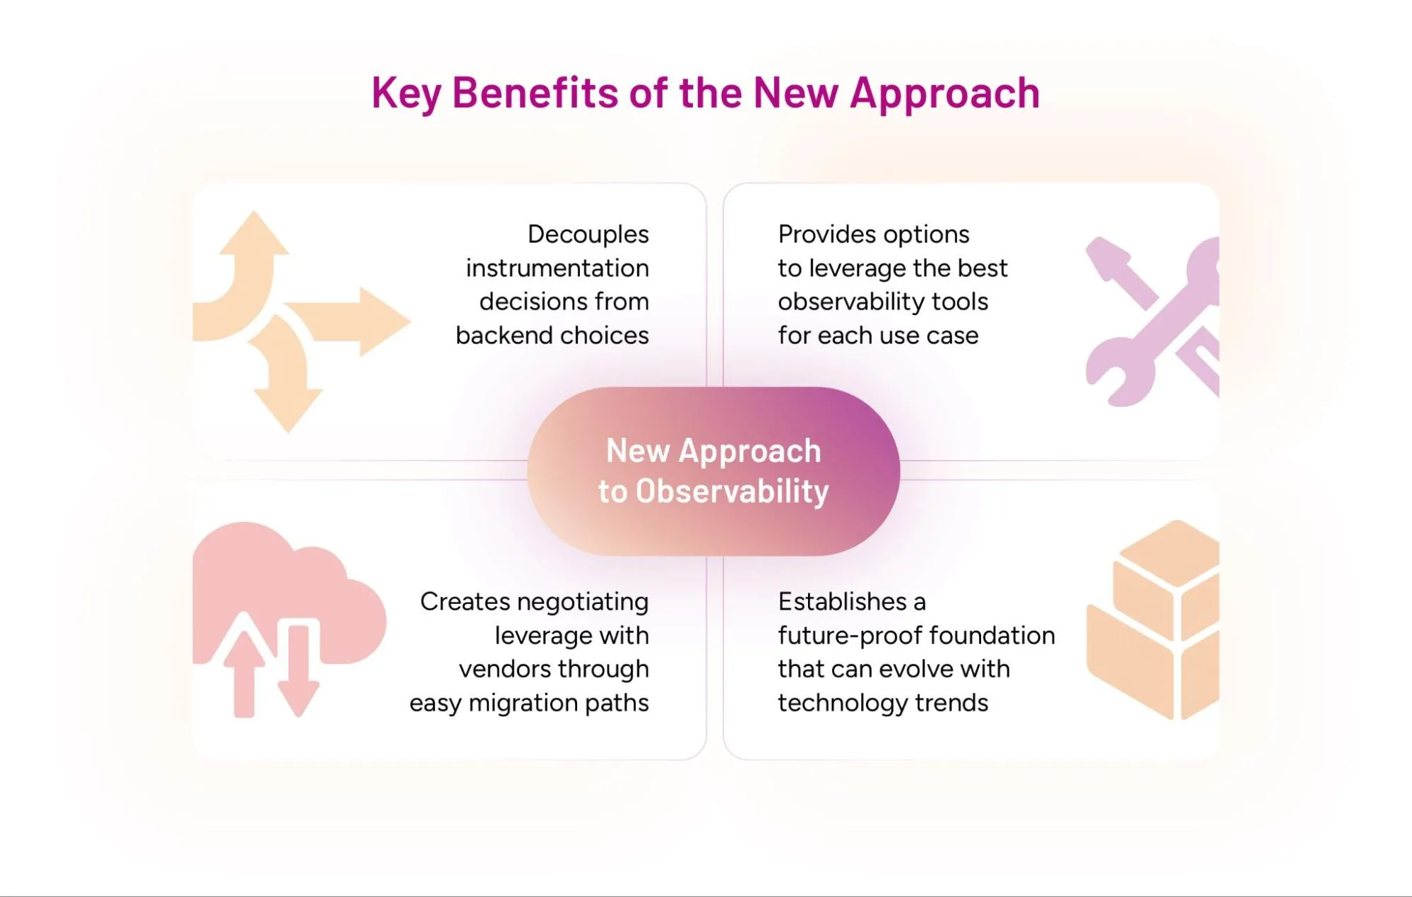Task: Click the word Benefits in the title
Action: [x=535, y=93]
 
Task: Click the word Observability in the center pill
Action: [x=732, y=492]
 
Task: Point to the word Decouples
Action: [x=588, y=234]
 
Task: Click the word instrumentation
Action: [x=557, y=268]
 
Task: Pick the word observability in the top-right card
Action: [x=850, y=302]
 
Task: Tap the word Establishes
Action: [x=842, y=602]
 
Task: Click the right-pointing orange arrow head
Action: [x=384, y=321]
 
